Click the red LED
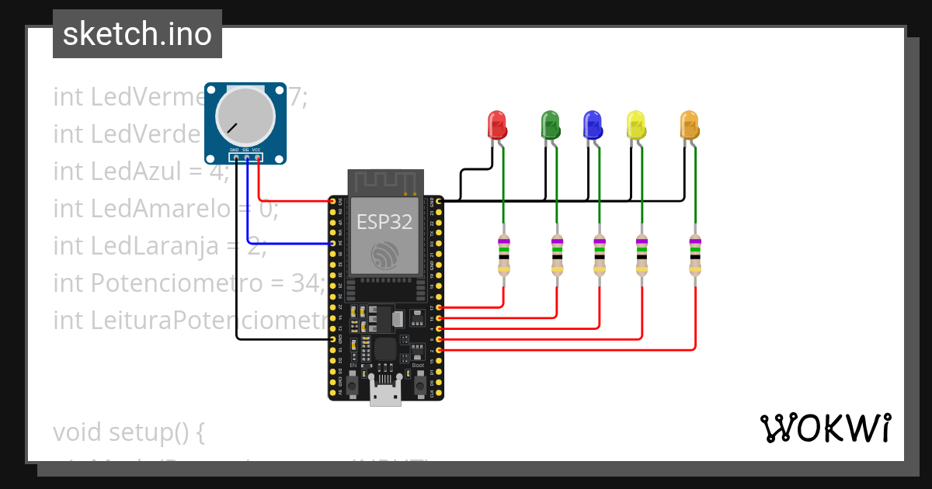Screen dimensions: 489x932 coord(496,125)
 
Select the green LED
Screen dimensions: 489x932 coord(550,125)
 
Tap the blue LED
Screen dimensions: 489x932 coord(593,125)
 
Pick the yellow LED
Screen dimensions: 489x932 coord(636,125)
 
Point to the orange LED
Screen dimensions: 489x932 coord(689,125)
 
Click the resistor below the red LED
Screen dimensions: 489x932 coord(504,256)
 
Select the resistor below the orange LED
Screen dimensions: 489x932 coord(694,256)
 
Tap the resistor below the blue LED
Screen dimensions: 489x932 coord(599,256)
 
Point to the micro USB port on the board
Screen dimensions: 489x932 coord(385,394)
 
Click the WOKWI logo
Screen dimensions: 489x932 coord(825,428)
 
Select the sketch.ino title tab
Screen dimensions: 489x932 coord(137,34)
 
